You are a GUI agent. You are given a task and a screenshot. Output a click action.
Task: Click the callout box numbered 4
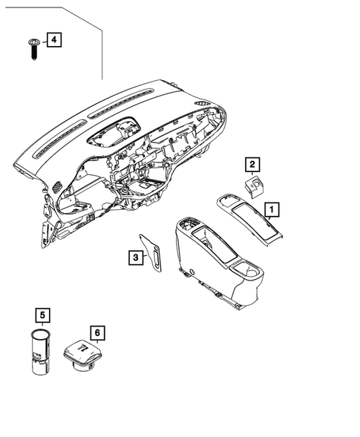(53, 40)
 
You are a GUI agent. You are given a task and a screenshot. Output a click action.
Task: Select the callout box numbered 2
(252, 165)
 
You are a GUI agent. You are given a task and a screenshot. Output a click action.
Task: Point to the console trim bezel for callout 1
(252, 220)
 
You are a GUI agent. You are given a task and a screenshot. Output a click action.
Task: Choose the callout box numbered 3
(135, 257)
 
